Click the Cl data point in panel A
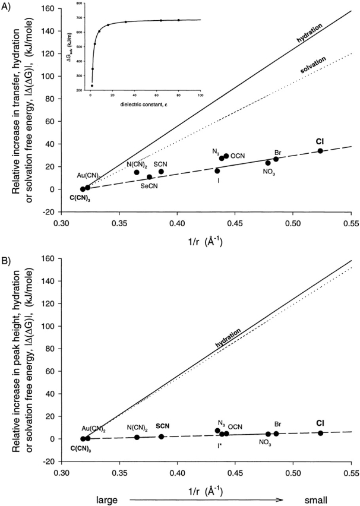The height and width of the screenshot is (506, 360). point(320,151)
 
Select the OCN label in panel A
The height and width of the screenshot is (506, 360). point(238,156)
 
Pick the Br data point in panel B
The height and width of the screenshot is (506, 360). point(276,434)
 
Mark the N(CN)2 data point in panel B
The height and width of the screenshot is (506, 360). point(137,437)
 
